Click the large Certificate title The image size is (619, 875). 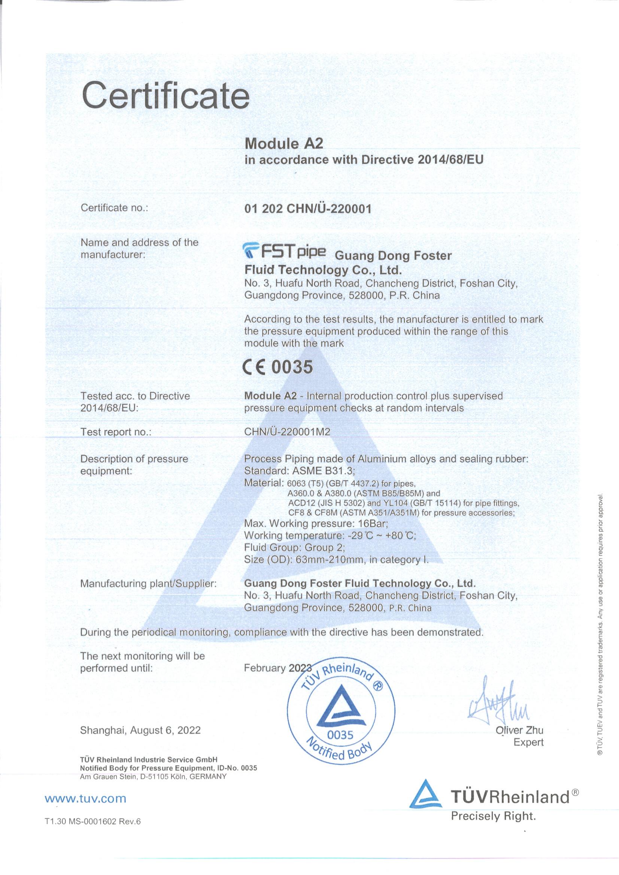click(x=166, y=95)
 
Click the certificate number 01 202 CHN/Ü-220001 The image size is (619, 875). click(x=307, y=209)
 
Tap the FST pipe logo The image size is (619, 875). click(x=284, y=251)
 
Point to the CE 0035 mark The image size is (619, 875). click(x=278, y=367)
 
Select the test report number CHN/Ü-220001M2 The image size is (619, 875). click(x=287, y=432)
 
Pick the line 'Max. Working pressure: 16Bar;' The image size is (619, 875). click(x=316, y=523)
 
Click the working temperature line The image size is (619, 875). click(x=330, y=535)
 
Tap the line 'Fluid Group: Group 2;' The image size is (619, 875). click(x=295, y=548)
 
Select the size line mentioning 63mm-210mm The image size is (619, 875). click(x=336, y=560)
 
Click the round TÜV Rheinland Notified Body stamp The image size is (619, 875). click(x=341, y=710)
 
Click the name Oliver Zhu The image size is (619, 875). click(x=519, y=730)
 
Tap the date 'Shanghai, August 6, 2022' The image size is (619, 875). click(x=140, y=730)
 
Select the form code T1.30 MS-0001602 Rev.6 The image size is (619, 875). click(x=92, y=821)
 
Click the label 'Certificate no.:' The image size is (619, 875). click(x=114, y=208)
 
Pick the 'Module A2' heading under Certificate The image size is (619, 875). click(x=283, y=143)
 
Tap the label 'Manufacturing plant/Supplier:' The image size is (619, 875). click(x=148, y=583)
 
